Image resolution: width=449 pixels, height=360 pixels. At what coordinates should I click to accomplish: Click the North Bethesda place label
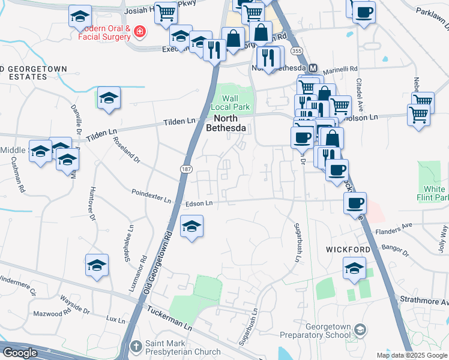[x=226, y=123]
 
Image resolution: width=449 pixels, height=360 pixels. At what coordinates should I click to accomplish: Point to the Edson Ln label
[x=200, y=203]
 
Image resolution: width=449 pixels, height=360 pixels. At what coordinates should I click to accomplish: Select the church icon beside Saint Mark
[x=137, y=346]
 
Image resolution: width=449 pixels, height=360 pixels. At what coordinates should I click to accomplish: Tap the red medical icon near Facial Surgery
[x=140, y=31]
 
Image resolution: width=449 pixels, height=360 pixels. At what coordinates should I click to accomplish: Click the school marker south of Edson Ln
[x=191, y=227]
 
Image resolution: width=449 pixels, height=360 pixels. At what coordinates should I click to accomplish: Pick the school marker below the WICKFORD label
[x=354, y=268]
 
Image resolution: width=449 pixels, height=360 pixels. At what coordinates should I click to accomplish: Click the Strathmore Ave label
[x=423, y=295]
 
